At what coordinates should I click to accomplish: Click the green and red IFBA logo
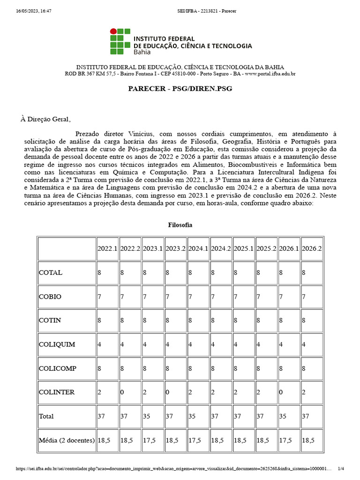point(120,41)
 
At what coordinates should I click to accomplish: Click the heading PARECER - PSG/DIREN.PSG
point(180,89)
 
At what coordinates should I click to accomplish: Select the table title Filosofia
point(180,225)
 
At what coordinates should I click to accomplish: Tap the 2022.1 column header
point(107,248)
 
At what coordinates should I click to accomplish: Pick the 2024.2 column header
point(221,248)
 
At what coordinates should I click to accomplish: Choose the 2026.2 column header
point(312,248)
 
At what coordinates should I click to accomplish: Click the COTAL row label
point(51,273)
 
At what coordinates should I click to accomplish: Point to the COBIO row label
point(50,297)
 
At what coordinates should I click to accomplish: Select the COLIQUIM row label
point(57,345)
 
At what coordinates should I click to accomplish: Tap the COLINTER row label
point(57,392)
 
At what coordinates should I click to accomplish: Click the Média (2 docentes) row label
point(67,440)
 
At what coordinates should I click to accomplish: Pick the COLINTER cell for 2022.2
point(130,392)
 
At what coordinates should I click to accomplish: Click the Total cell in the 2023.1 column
point(152,416)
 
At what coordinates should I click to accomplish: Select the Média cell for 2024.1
point(198,440)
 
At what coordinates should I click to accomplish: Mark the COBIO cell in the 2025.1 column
point(244,297)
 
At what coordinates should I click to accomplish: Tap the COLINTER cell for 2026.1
point(289,392)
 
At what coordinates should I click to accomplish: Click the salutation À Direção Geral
point(45,119)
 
